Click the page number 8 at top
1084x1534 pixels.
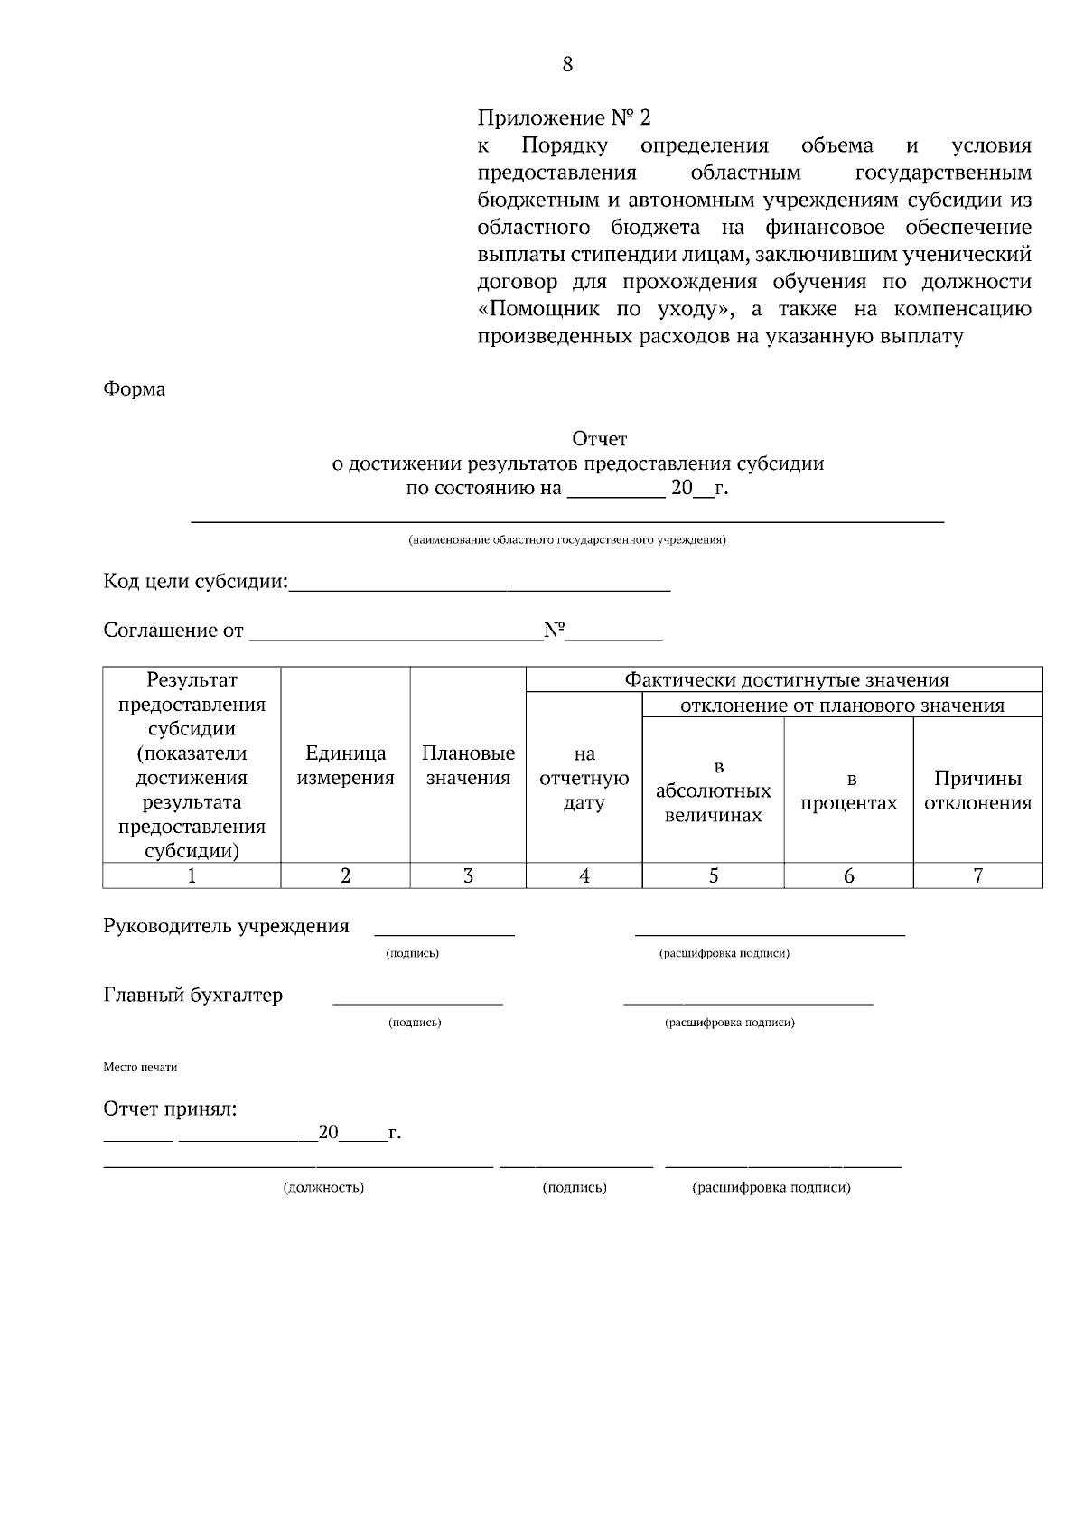[567, 64]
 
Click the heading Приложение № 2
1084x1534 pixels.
[564, 118]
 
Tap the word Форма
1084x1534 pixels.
[135, 389]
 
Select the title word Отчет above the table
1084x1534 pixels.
[599, 439]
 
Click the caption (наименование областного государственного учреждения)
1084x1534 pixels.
[567, 540]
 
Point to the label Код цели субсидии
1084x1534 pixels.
[195, 582]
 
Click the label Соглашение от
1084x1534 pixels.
[173, 631]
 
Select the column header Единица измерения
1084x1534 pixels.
[345, 765]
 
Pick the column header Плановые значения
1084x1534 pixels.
[468, 765]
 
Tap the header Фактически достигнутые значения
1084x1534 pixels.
[786, 680]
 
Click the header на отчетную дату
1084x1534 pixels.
[584, 778]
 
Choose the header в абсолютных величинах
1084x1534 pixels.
[714, 790]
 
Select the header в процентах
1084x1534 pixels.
[849, 790]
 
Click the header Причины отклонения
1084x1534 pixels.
[977, 790]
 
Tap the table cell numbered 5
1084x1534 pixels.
[714, 875]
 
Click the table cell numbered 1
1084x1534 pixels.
[192, 875]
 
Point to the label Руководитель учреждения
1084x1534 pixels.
[226, 926]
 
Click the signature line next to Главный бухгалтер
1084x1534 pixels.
[417, 1001]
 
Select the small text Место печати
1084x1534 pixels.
[140, 1067]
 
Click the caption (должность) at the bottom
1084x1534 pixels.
[323, 1187]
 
